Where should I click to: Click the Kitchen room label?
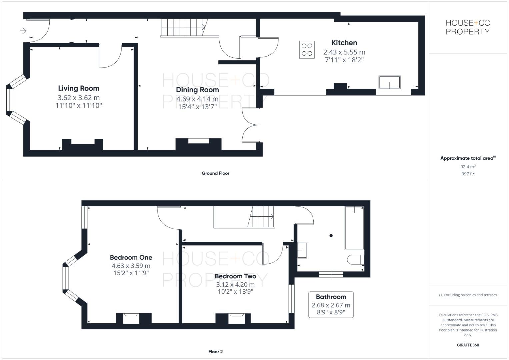coord(344,43)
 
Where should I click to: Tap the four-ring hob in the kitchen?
coord(307,50)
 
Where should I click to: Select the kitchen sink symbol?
coord(389,82)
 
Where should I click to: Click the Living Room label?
coord(79,88)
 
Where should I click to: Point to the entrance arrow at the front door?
coord(23,31)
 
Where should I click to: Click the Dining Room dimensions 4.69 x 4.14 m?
coord(197,99)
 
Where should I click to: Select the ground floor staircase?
coord(183,27)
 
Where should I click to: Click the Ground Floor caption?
coord(215,173)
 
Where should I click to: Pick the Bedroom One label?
coord(131,257)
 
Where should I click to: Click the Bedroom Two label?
coord(235,276)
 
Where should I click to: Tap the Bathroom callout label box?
coord(331,305)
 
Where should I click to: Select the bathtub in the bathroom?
coord(354,228)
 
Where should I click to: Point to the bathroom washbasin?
coord(302,250)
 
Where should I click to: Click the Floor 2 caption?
coord(215,352)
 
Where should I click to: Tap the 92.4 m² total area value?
coord(468,166)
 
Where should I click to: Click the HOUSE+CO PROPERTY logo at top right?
coord(468,27)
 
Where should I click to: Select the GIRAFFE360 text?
coord(468,345)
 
